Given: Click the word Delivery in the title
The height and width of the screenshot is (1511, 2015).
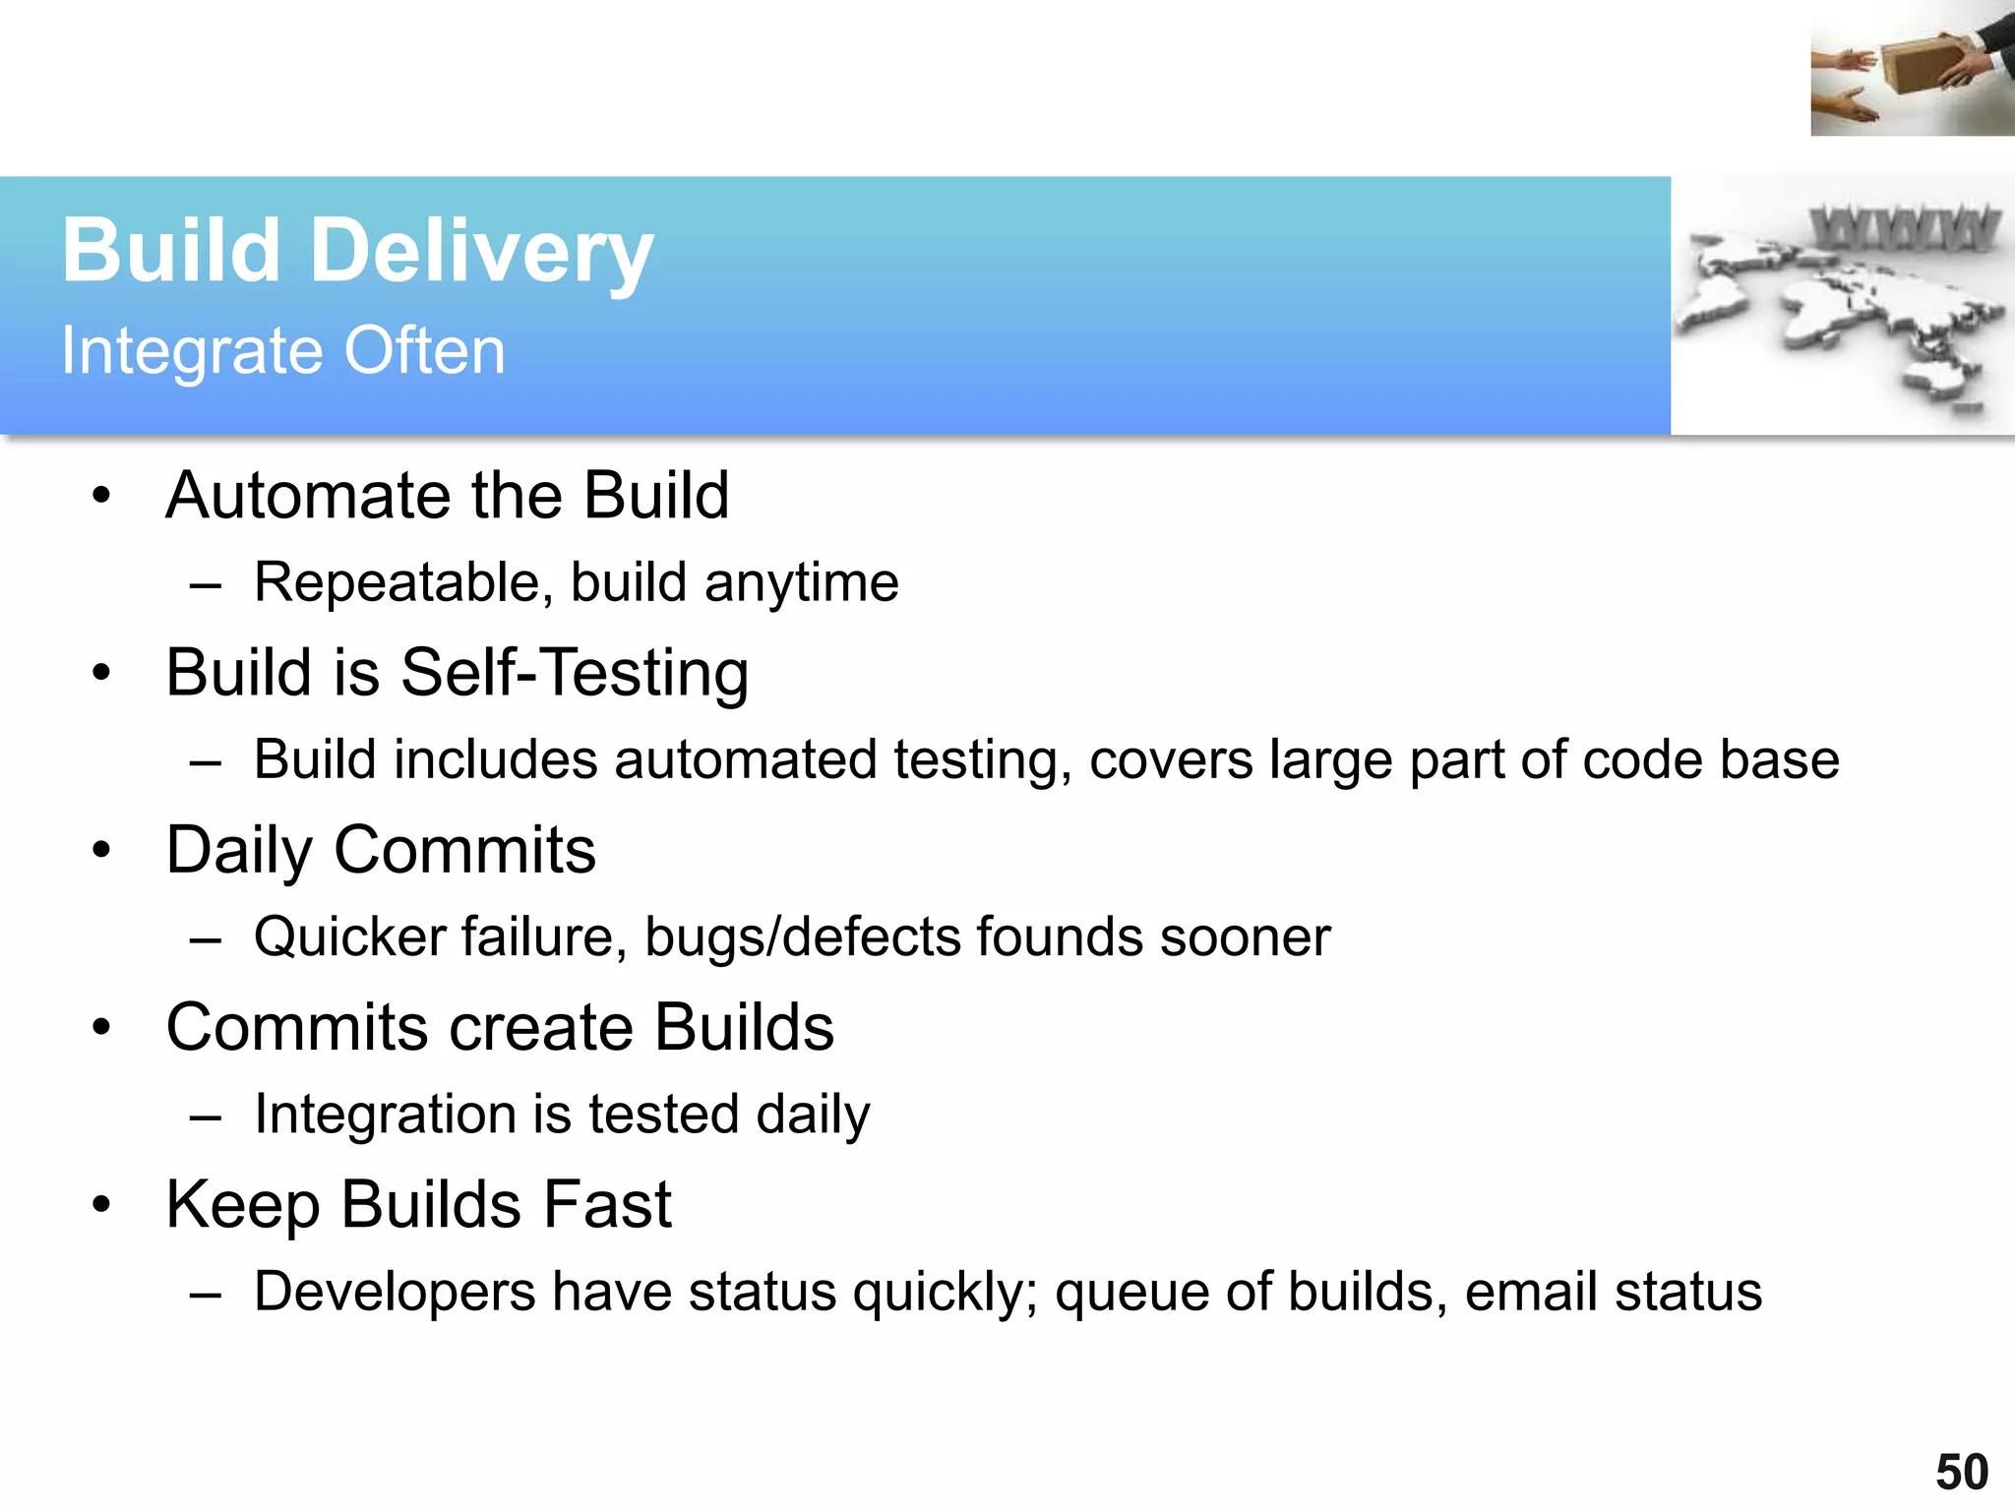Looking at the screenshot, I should [x=481, y=252].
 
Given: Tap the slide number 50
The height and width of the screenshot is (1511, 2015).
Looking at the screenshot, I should [x=1962, y=1473].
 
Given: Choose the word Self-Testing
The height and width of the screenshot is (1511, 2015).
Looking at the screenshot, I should [x=575, y=673].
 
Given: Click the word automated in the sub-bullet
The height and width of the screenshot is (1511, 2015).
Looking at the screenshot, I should [x=745, y=760].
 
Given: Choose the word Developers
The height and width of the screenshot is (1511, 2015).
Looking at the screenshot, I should [x=395, y=1292].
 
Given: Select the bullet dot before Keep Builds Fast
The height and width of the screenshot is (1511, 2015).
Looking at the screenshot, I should [x=101, y=1205].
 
